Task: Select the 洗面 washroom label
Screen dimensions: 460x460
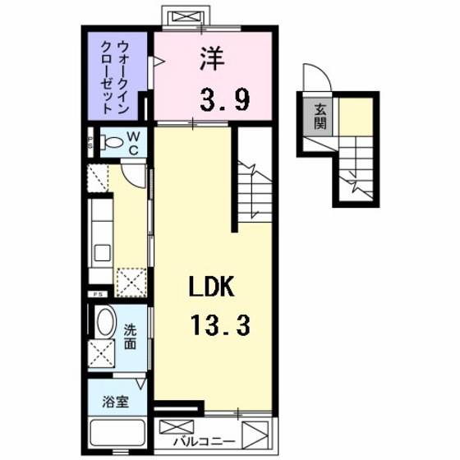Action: click(131, 338)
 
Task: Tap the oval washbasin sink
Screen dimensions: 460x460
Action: click(105, 321)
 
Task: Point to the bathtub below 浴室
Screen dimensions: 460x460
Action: click(117, 432)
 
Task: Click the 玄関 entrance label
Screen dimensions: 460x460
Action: click(319, 117)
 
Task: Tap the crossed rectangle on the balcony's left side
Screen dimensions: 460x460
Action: click(176, 428)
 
